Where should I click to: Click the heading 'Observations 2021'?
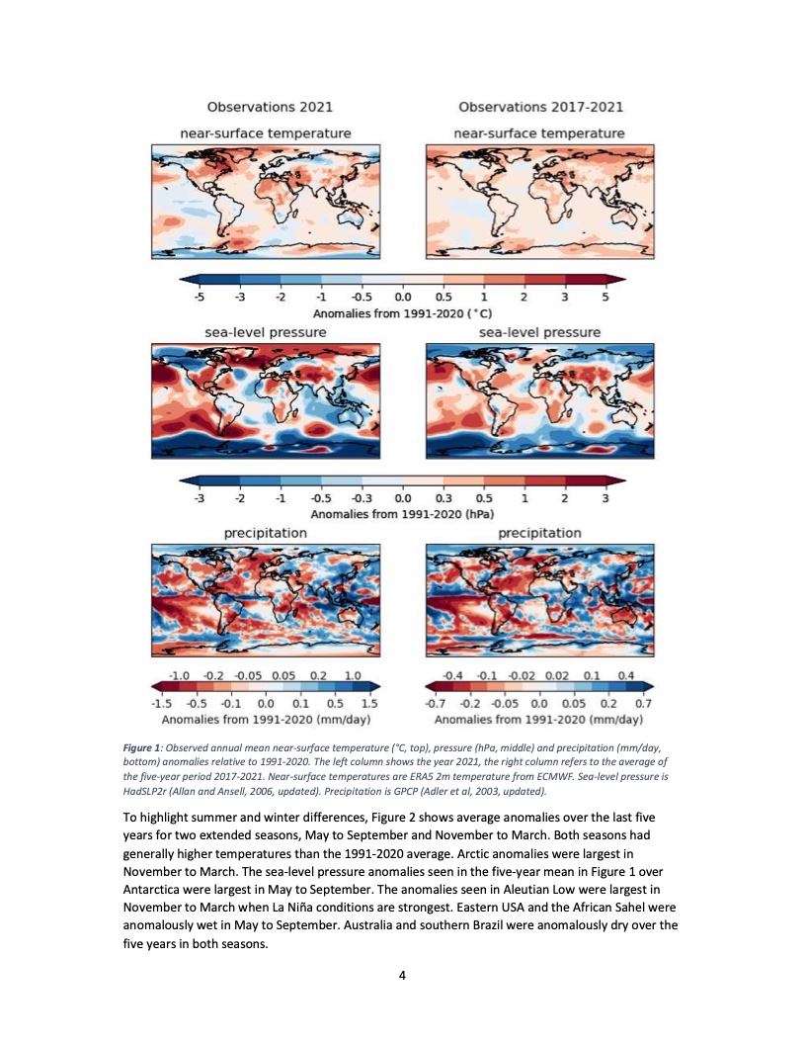269,107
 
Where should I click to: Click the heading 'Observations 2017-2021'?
540,107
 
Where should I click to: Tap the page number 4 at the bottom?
403,976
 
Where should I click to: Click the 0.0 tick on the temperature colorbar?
402,296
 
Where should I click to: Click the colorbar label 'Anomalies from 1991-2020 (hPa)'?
402,514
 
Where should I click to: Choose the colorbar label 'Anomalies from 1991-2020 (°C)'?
402,311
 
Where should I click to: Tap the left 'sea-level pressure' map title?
265,332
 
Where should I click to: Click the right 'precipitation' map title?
539,533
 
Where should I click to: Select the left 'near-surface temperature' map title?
265,132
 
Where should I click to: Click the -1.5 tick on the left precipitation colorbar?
161,703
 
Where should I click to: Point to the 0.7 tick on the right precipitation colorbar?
644,703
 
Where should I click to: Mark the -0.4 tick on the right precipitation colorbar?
456,673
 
